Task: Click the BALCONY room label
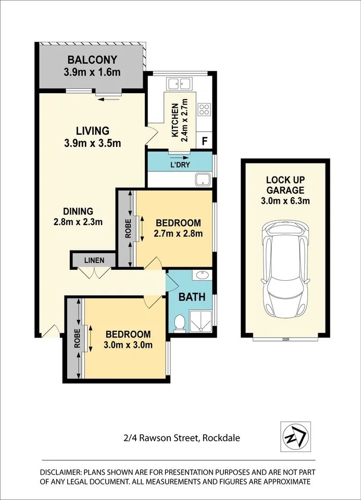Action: tap(92, 59)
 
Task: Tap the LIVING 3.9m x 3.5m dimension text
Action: tap(93, 143)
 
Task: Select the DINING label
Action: tap(78, 211)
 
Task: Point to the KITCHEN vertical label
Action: tap(175, 120)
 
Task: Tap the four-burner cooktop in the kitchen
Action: tap(204, 109)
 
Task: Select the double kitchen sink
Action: tap(180, 84)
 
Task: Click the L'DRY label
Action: tap(180, 165)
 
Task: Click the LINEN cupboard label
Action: tap(94, 260)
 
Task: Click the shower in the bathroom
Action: tap(201, 321)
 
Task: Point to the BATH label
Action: tap(192, 297)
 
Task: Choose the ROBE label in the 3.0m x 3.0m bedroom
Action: tap(78, 338)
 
